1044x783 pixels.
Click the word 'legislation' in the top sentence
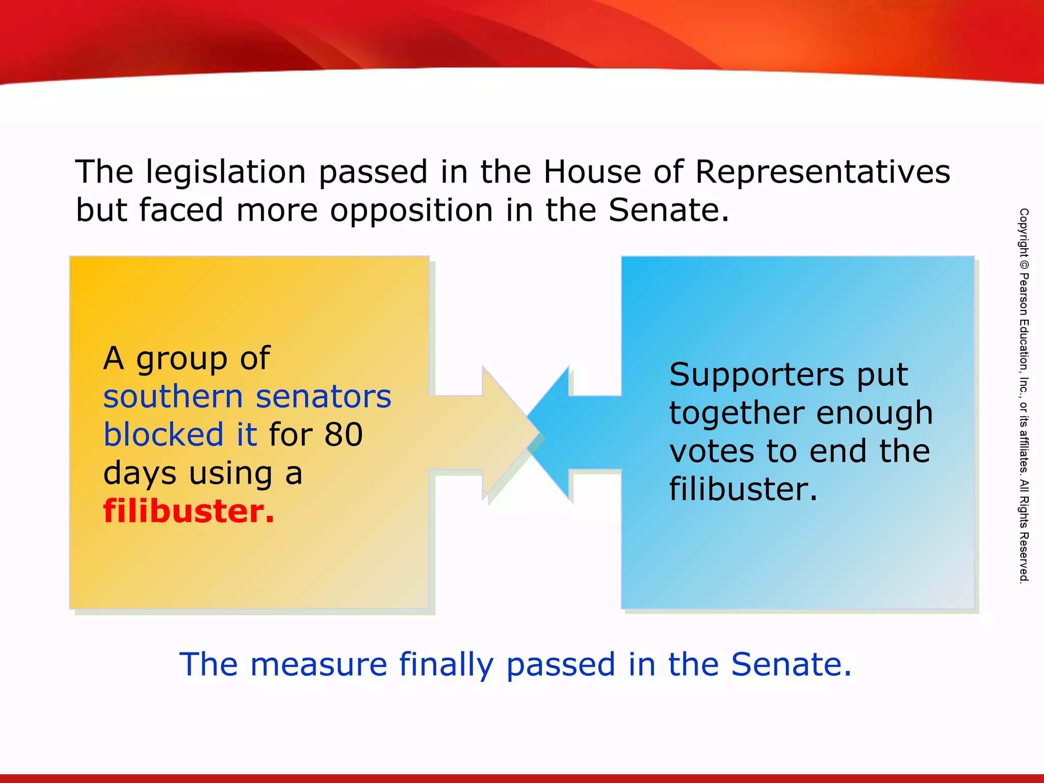[x=225, y=172]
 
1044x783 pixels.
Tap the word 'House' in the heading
[x=592, y=172]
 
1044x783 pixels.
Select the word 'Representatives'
[x=822, y=172]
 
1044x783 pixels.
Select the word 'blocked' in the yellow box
[x=163, y=435]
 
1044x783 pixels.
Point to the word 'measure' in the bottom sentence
[x=319, y=665]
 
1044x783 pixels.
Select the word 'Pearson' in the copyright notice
[x=1024, y=295]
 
